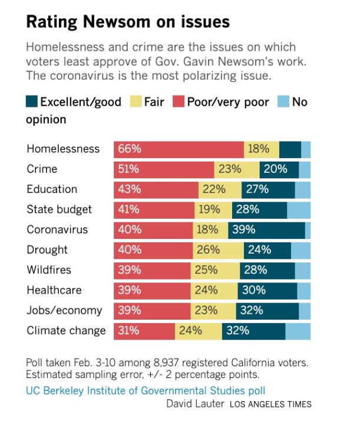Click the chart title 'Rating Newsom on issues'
point(128,22)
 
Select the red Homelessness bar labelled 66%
point(179,149)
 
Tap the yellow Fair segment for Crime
point(236,169)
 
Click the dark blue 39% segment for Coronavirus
point(266,230)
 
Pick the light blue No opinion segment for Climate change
point(298,331)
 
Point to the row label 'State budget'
point(59,209)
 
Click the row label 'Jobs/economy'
point(64,310)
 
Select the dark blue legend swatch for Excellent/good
point(32,102)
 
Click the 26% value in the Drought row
point(207,250)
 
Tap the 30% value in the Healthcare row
point(255,290)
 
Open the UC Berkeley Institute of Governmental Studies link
point(146,390)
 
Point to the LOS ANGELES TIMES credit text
point(270,405)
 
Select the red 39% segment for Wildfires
point(151,270)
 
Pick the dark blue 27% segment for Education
point(268,189)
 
